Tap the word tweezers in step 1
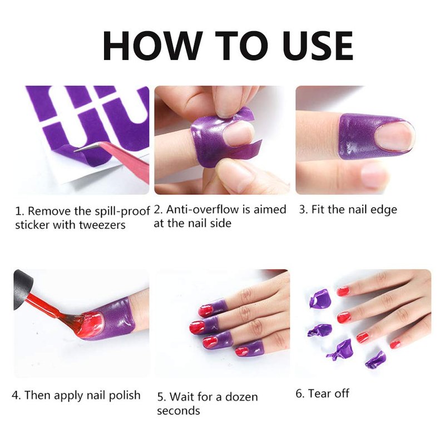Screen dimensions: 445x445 pyautogui.click(x=102, y=225)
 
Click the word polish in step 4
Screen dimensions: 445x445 pyautogui.click(x=125, y=395)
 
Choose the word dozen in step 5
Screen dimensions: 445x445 pyautogui.click(x=241, y=397)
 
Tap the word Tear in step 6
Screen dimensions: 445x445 pyautogui.click(x=319, y=394)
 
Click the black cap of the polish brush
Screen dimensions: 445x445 pyautogui.click(x=23, y=289)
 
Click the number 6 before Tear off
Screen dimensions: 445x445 pyautogui.click(x=299, y=394)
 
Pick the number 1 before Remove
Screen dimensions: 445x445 pyautogui.click(x=18, y=211)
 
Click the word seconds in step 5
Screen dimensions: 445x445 pyautogui.click(x=179, y=411)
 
